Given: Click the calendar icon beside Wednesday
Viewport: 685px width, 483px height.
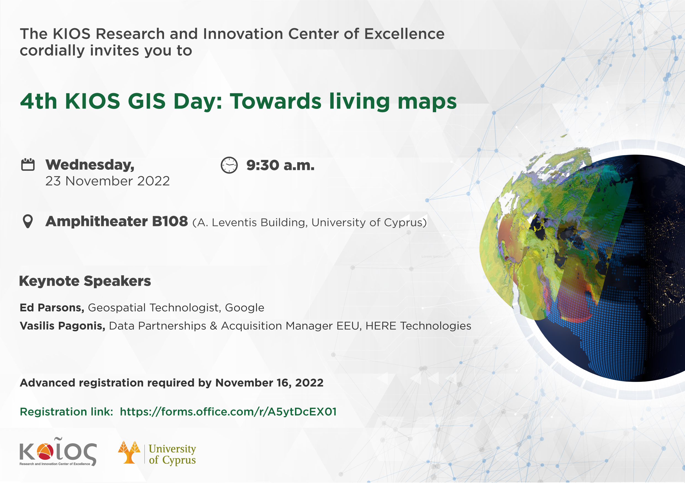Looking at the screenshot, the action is pyautogui.click(x=28, y=164).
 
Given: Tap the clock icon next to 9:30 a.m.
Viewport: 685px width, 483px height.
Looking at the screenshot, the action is pyautogui.click(x=229, y=165).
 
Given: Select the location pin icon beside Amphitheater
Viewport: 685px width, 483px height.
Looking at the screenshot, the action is pyautogui.click(x=28, y=222).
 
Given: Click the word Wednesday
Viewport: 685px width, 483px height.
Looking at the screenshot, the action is pyautogui.click(x=90, y=165).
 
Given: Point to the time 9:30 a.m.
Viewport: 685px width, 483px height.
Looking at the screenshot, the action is pyautogui.click(x=280, y=166).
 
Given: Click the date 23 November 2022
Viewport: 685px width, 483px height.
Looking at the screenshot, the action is pyautogui.click(x=107, y=181).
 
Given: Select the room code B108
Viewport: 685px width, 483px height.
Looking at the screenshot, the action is pyautogui.click(x=170, y=222).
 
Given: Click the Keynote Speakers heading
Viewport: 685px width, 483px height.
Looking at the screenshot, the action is pyautogui.click(x=85, y=282).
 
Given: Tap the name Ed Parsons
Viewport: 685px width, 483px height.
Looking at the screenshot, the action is pyautogui.click(x=52, y=308).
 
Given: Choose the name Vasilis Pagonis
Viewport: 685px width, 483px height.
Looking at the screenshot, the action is pyautogui.click(x=62, y=326).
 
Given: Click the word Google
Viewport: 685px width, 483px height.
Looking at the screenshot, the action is pyautogui.click(x=245, y=308).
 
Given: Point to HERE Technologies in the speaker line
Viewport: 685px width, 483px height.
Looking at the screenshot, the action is pyautogui.click(x=418, y=326).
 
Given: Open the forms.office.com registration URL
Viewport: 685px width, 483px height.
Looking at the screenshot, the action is pyautogui.click(x=228, y=412).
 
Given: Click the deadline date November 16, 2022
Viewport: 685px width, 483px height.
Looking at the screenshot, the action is pyautogui.click(x=269, y=383).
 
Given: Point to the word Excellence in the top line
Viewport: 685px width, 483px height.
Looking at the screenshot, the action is pyautogui.click(x=404, y=34).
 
